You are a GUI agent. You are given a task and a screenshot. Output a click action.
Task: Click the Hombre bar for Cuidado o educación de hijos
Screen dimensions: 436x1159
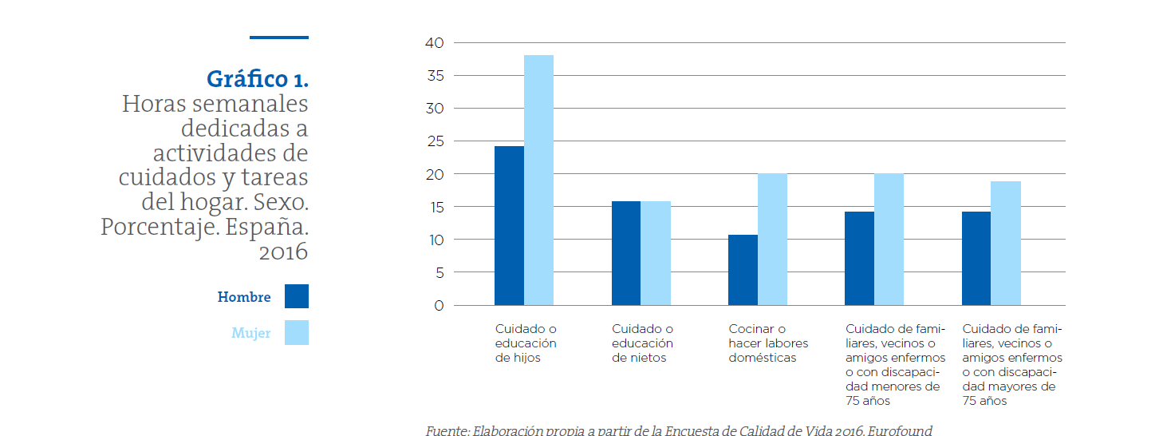click(x=509, y=226)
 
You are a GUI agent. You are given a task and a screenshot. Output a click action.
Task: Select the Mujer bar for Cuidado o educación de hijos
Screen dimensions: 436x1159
click(x=538, y=180)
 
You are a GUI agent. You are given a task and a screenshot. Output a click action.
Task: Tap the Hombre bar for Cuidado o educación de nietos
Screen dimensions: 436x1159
click(x=626, y=253)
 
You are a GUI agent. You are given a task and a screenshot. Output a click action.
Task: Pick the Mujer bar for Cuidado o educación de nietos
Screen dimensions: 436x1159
click(x=656, y=253)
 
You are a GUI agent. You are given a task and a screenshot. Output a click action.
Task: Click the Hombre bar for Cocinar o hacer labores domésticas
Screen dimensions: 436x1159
click(x=743, y=270)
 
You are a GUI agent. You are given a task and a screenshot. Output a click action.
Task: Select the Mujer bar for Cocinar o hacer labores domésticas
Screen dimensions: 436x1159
click(x=772, y=240)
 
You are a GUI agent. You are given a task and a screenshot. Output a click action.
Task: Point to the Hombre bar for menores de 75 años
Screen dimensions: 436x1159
click(x=859, y=259)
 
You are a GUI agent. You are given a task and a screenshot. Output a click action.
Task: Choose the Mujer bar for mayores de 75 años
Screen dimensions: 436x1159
click(x=1006, y=244)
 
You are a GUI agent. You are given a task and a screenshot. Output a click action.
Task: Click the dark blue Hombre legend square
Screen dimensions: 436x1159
click(x=296, y=296)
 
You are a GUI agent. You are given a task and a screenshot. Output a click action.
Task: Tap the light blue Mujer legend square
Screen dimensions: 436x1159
click(x=296, y=333)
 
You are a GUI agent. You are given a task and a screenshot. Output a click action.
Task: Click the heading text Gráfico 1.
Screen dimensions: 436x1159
click(x=257, y=79)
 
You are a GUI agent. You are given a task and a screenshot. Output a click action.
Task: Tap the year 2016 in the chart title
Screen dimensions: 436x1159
click(x=283, y=252)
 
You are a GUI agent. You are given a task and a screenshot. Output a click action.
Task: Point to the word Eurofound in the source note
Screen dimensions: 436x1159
click(x=899, y=430)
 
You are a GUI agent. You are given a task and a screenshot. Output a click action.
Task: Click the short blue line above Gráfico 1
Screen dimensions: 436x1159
click(x=278, y=38)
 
